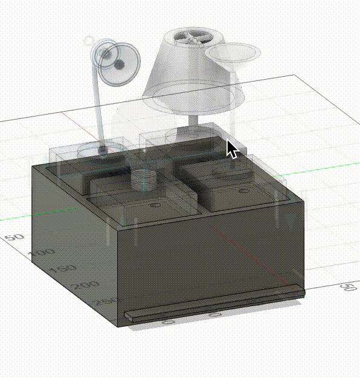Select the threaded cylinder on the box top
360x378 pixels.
coord(144,179)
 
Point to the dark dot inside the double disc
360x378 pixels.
coord(120,64)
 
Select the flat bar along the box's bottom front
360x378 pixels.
coord(214,304)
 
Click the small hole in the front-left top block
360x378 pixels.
coord(153,206)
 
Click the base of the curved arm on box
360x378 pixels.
coord(104,148)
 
